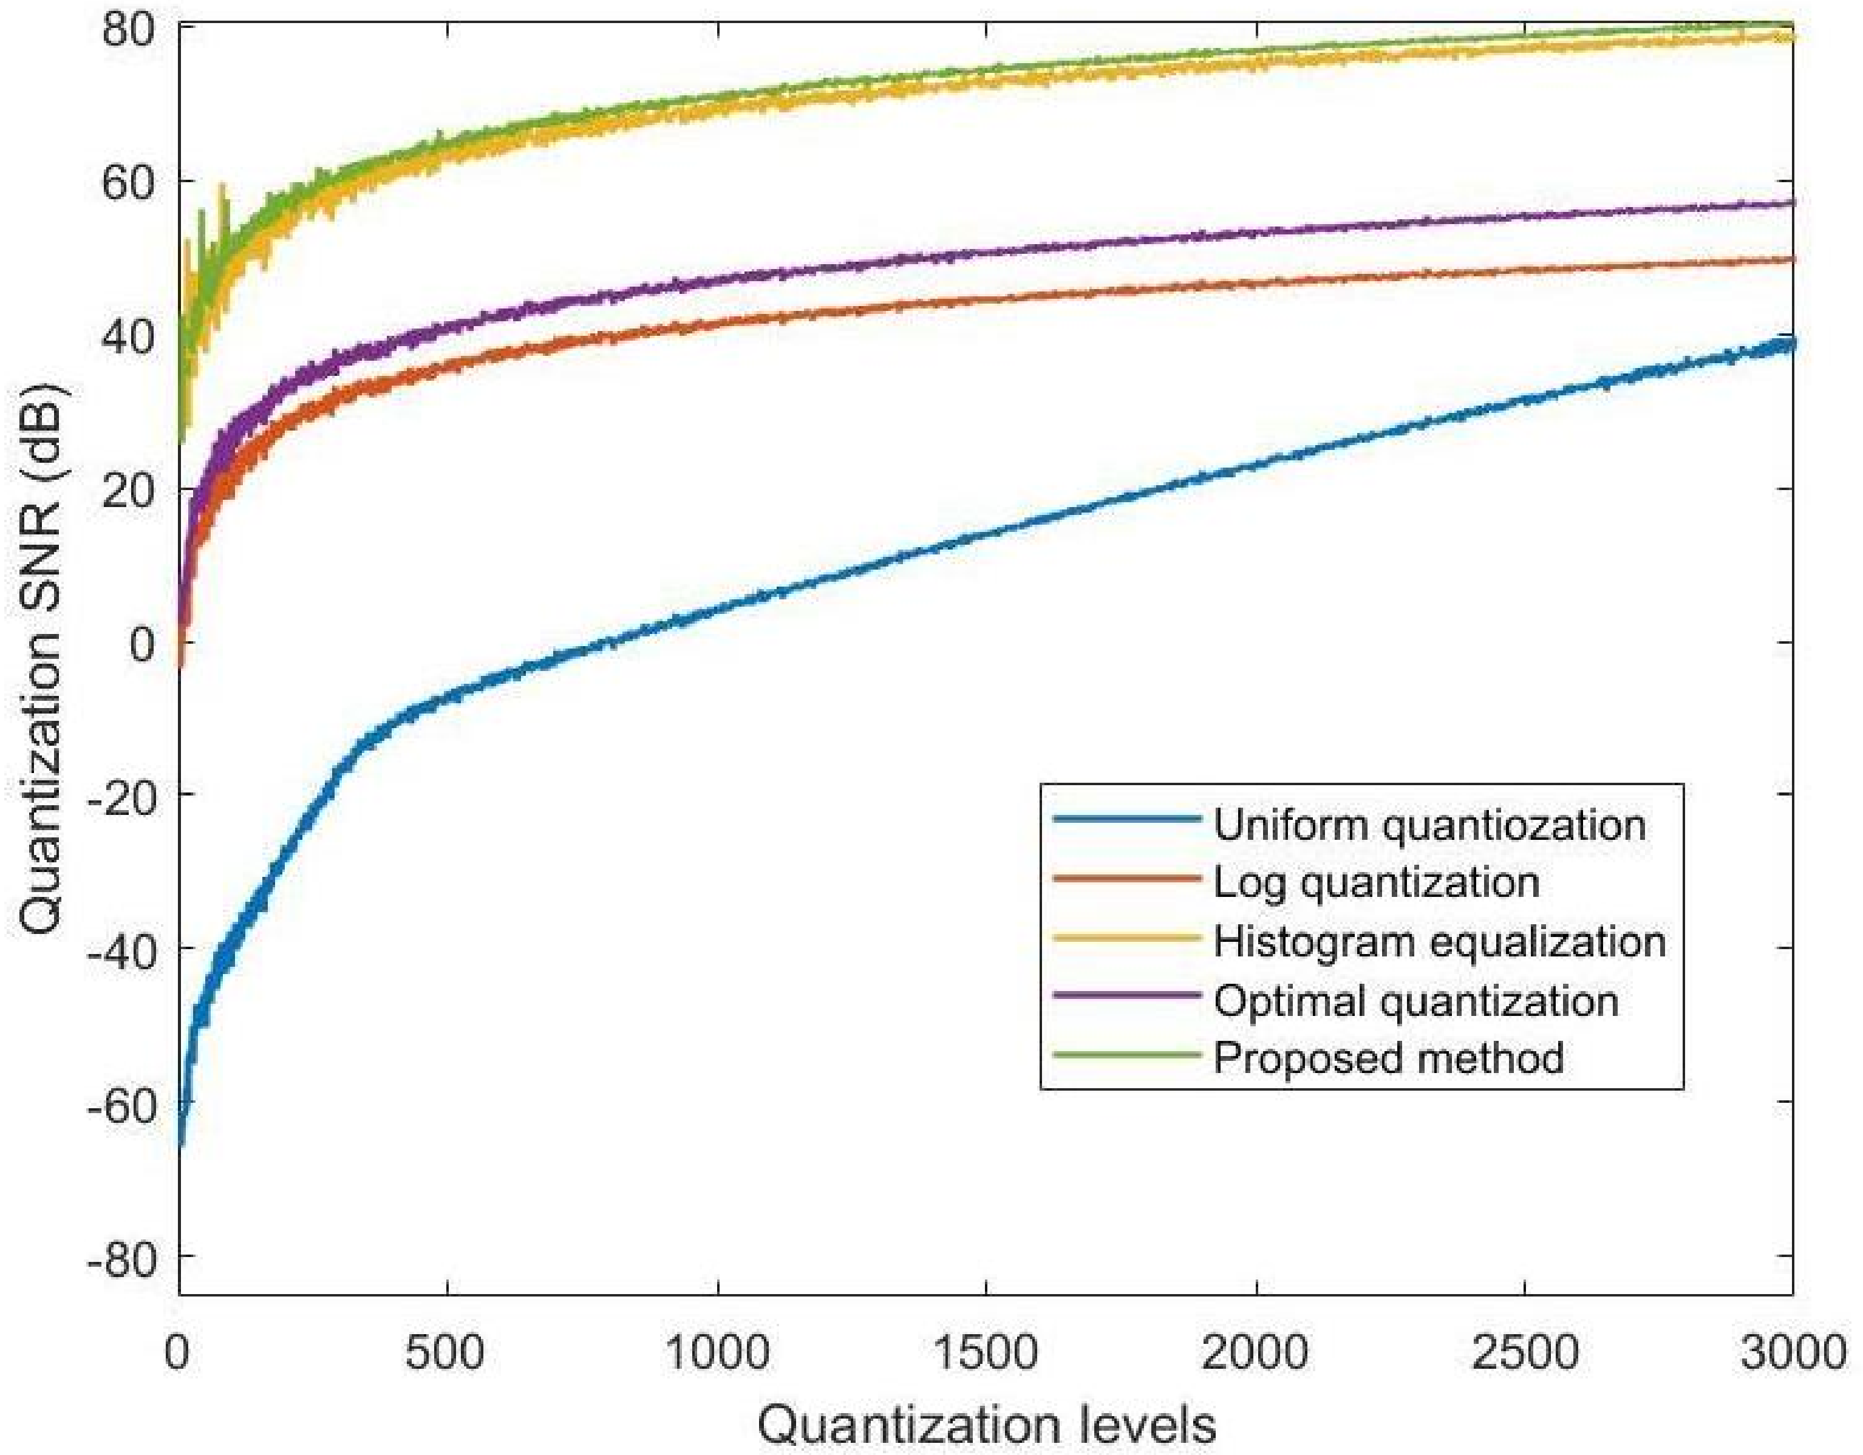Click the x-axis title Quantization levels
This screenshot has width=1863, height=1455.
[x=987, y=1424]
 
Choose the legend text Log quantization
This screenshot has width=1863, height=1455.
[x=1376, y=883]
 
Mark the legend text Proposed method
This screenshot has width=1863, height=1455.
[x=1389, y=1058]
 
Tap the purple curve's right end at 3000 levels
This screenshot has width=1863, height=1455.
[x=1790, y=203]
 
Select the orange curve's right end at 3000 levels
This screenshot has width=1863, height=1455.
[x=1790, y=259]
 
